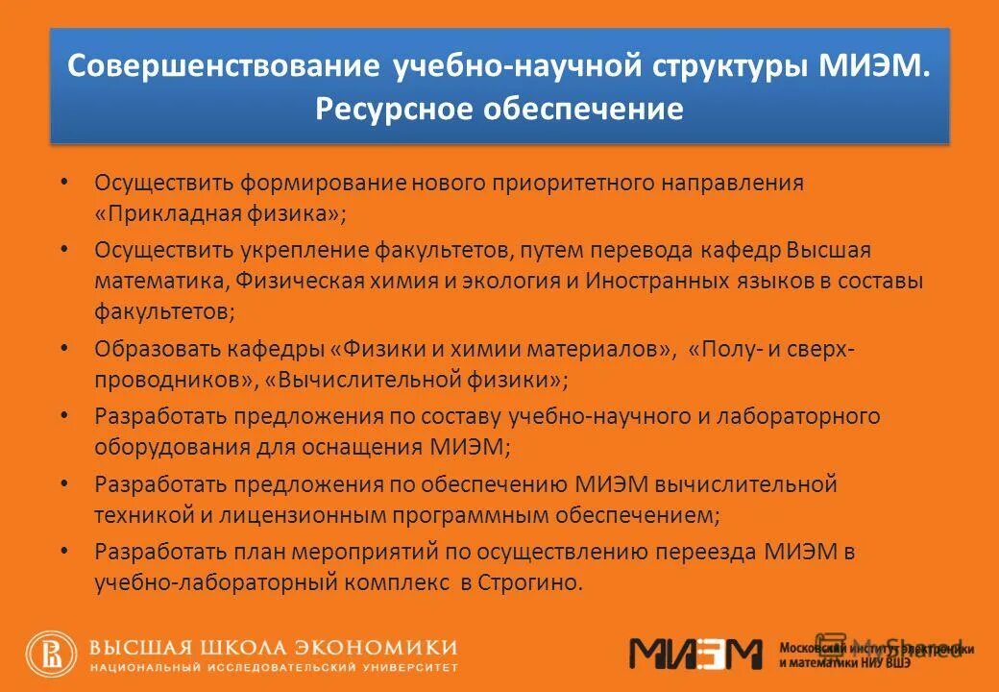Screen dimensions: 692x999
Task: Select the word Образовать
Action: tap(158, 348)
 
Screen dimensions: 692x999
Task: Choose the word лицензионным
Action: tap(299, 514)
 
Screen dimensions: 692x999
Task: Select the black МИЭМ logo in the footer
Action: tap(694, 654)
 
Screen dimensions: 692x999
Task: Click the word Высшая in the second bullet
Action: tap(828, 251)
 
